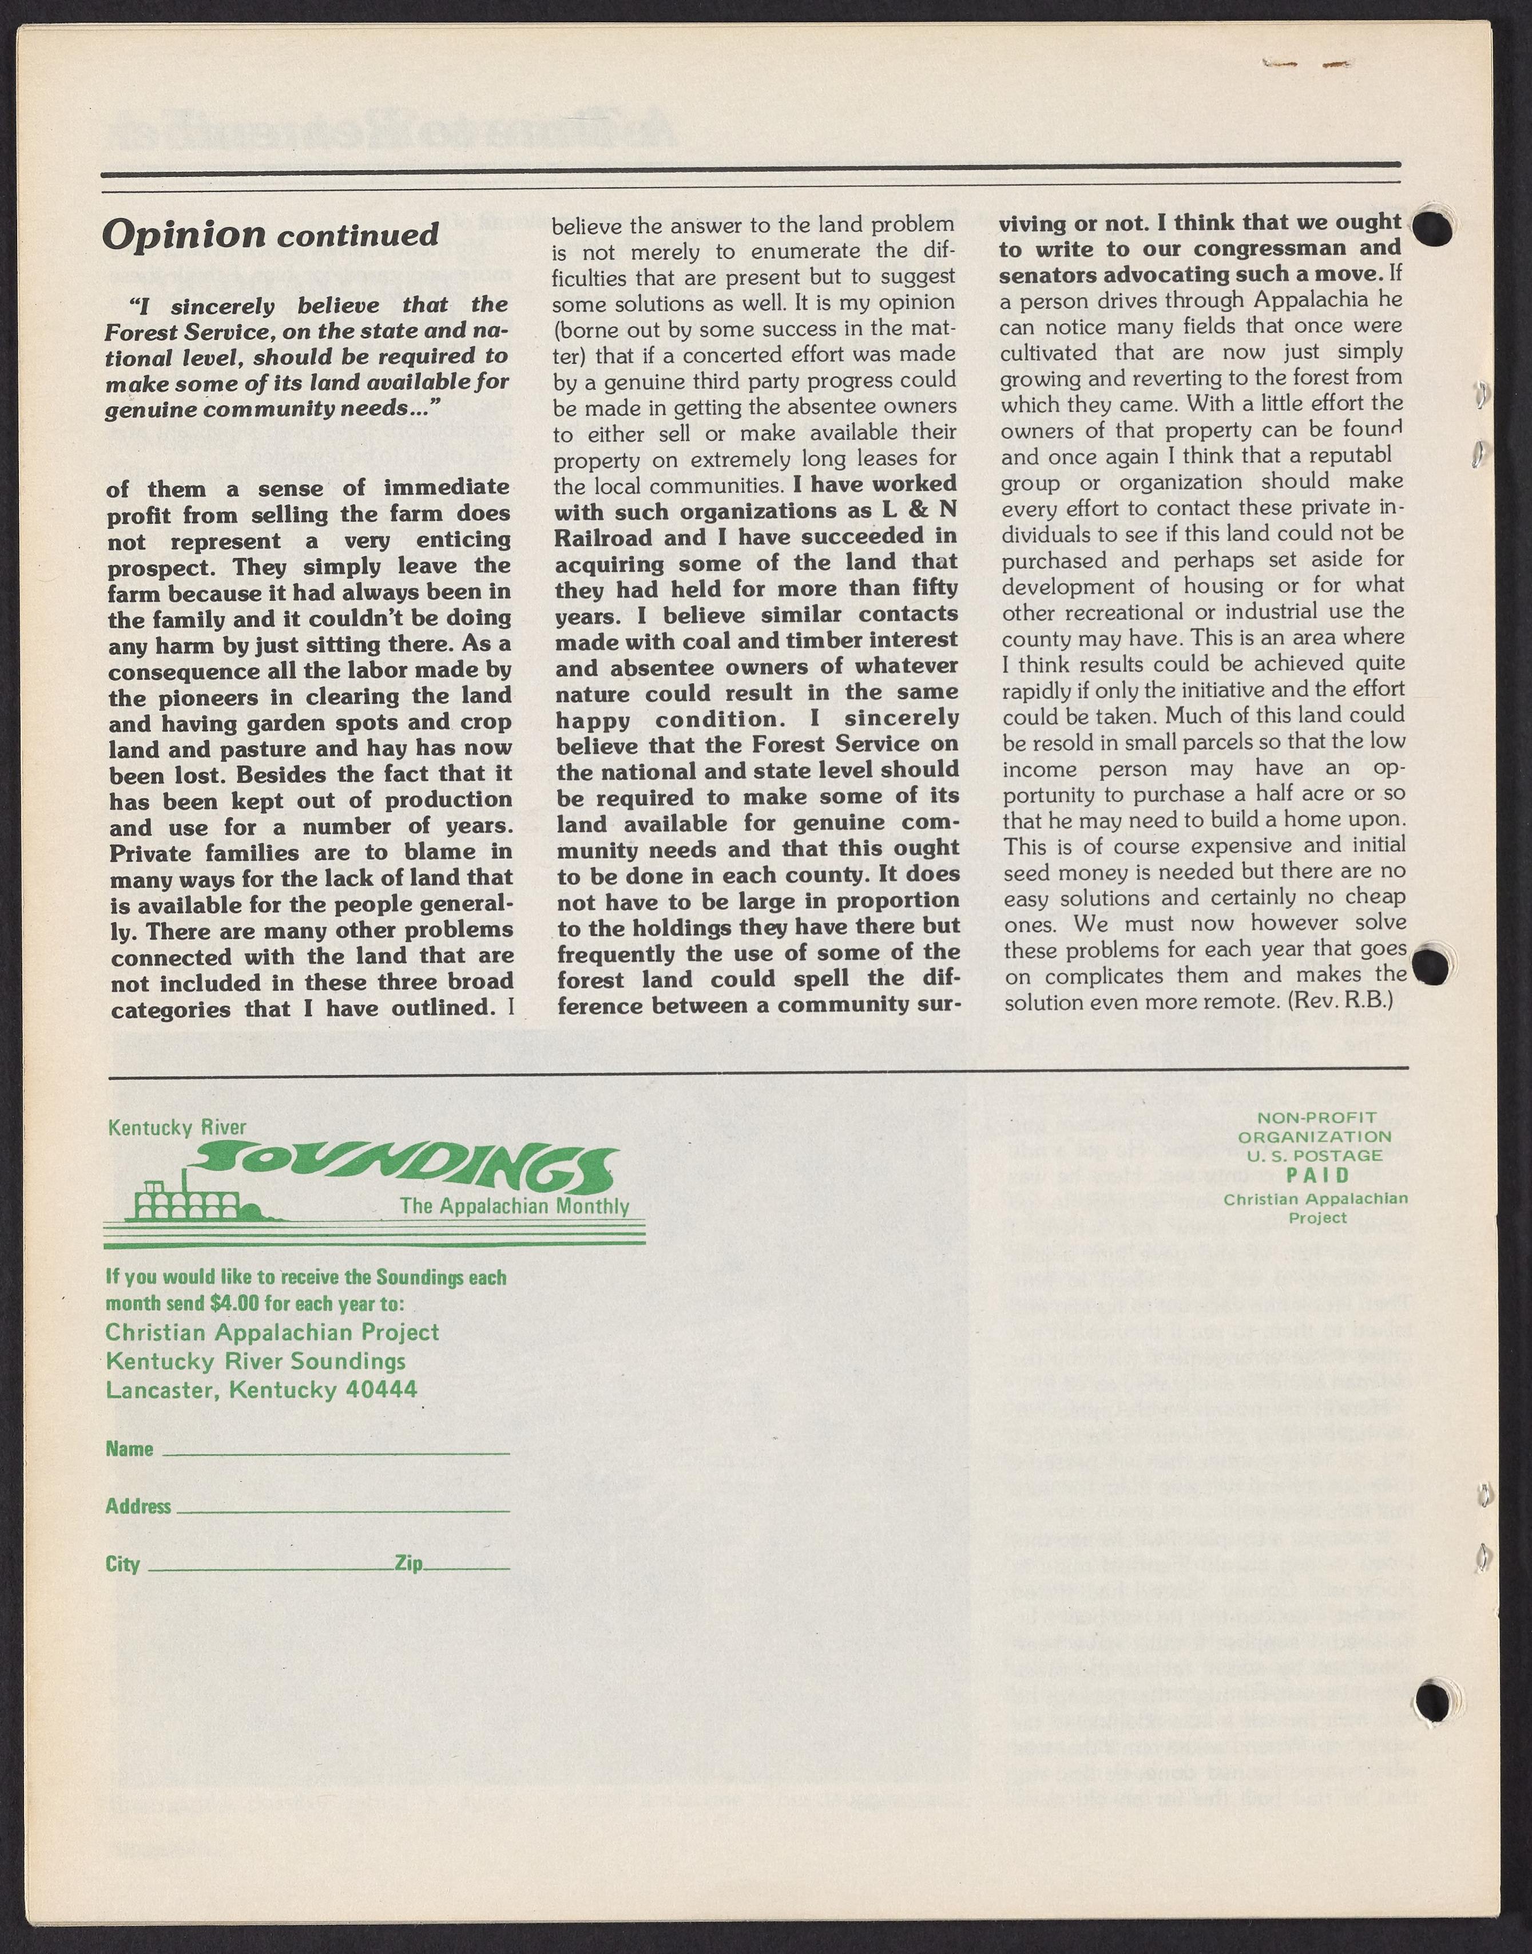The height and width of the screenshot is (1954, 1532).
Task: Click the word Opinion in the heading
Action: click(x=184, y=235)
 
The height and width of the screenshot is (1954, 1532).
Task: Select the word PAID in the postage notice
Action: click(x=1317, y=1174)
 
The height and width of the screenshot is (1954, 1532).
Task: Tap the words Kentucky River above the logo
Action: click(x=177, y=1128)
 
